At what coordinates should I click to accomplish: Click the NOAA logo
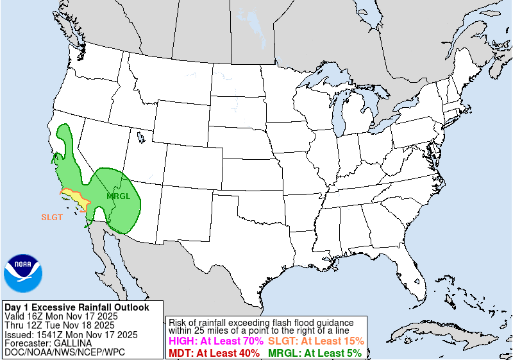pyautogui.click(x=22, y=274)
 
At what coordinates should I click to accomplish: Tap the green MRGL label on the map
pyautogui.click(x=118, y=196)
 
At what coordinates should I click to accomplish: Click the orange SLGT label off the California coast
pyautogui.click(x=52, y=217)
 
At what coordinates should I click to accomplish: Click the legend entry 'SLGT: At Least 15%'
pyautogui.click(x=316, y=341)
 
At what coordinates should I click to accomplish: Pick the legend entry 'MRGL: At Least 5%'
pyautogui.click(x=314, y=353)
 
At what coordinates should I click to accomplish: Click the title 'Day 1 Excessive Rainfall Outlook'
pyautogui.click(x=76, y=307)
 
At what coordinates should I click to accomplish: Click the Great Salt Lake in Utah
pyautogui.click(x=140, y=137)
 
